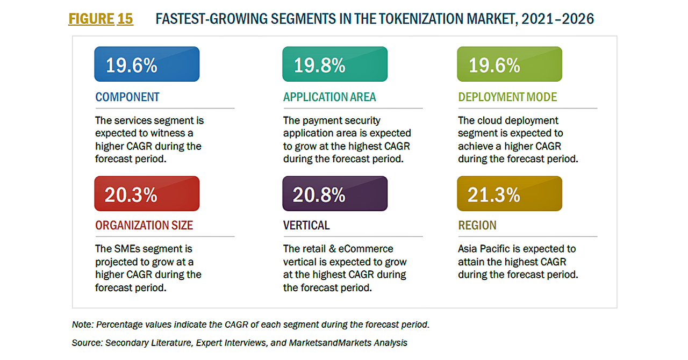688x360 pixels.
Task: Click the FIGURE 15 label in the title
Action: [101, 19]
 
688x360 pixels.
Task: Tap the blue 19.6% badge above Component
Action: [147, 64]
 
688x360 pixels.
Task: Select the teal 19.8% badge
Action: [335, 64]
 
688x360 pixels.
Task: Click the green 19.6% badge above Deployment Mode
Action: [510, 64]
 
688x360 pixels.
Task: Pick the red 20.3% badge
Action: [147, 194]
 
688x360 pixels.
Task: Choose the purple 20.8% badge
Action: [335, 194]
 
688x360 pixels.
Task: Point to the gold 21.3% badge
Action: [510, 194]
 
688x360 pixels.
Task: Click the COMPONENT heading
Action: [127, 97]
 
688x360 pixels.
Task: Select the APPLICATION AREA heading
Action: [329, 97]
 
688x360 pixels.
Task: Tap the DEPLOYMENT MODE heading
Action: [507, 97]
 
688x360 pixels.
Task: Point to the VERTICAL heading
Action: [306, 226]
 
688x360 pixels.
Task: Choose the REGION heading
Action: [477, 226]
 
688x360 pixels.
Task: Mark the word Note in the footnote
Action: [81, 325]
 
